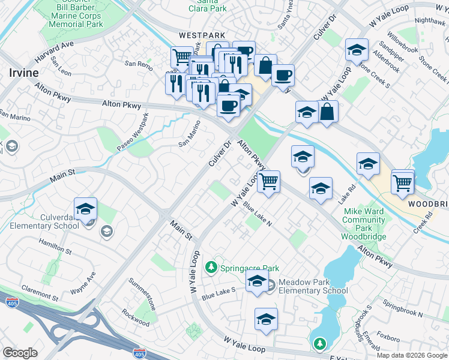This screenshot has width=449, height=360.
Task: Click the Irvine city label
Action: point(23,73)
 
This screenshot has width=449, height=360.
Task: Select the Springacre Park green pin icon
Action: point(211,267)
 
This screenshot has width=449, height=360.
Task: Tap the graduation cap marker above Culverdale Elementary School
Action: point(86,208)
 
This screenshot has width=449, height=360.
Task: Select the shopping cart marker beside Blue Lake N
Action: point(269,181)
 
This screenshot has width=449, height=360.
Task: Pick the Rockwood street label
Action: point(135,318)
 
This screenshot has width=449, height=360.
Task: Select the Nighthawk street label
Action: point(430,20)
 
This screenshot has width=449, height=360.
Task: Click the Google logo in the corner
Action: point(20,353)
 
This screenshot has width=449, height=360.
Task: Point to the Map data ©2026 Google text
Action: point(411,355)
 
